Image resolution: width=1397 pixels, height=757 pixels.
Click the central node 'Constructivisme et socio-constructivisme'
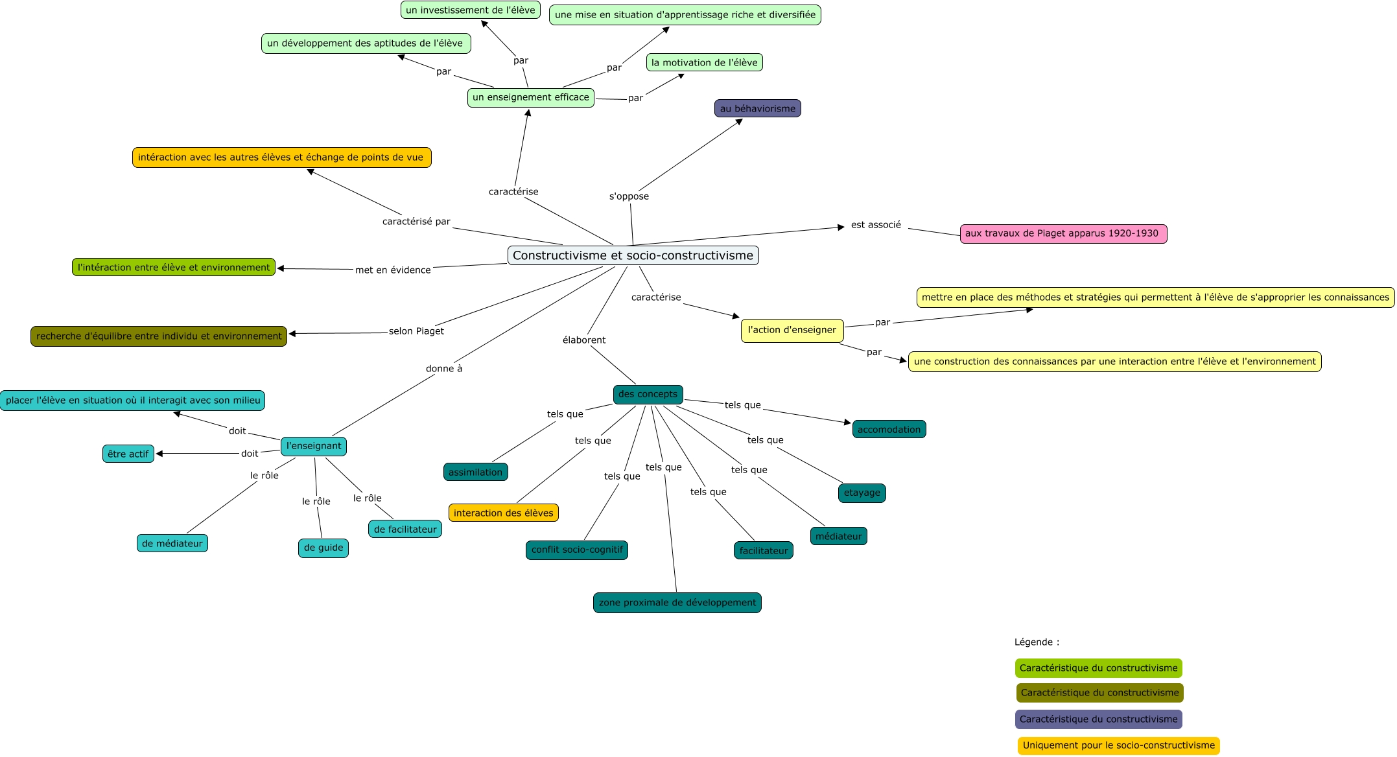(x=633, y=255)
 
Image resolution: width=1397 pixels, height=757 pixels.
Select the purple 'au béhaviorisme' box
(x=757, y=108)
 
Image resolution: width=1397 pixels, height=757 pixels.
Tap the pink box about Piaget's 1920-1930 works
(x=1063, y=234)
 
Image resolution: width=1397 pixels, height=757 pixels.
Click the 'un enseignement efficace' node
(x=530, y=98)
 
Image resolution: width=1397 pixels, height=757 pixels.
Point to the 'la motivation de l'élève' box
(x=704, y=63)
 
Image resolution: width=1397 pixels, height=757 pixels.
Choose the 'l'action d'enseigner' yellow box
(x=792, y=330)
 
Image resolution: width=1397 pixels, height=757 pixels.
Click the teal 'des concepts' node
(x=648, y=394)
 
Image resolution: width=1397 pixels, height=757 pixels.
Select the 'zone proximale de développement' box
(x=677, y=603)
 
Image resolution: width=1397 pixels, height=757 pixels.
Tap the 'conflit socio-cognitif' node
(x=576, y=550)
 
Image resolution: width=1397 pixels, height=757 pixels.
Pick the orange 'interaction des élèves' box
(x=503, y=513)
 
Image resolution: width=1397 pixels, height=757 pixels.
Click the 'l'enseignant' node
(x=314, y=446)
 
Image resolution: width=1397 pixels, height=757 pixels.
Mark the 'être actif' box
(x=128, y=454)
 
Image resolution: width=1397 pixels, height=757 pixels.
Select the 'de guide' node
(x=323, y=548)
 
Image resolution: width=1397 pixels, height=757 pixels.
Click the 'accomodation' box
(x=889, y=429)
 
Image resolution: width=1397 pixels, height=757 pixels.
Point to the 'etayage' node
(x=862, y=493)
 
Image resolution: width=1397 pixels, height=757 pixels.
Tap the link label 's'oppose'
(x=629, y=196)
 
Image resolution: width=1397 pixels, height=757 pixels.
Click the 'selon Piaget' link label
(x=416, y=331)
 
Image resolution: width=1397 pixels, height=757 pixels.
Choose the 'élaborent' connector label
(x=584, y=340)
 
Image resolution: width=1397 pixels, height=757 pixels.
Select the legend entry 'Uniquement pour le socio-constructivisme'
(x=1118, y=745)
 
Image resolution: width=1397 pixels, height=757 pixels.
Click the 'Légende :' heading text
(x=1037, y=642)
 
